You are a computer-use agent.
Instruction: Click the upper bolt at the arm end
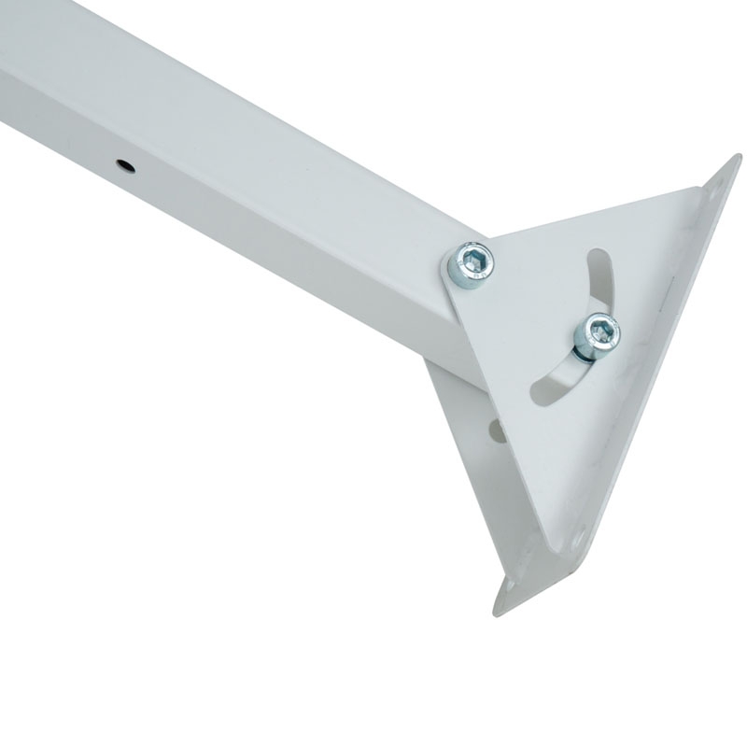(471, 262)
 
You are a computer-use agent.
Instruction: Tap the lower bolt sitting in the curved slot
(597, 332)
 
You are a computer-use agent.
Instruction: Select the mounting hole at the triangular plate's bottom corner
(579, 540)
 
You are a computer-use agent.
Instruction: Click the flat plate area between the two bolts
(532, 299)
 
